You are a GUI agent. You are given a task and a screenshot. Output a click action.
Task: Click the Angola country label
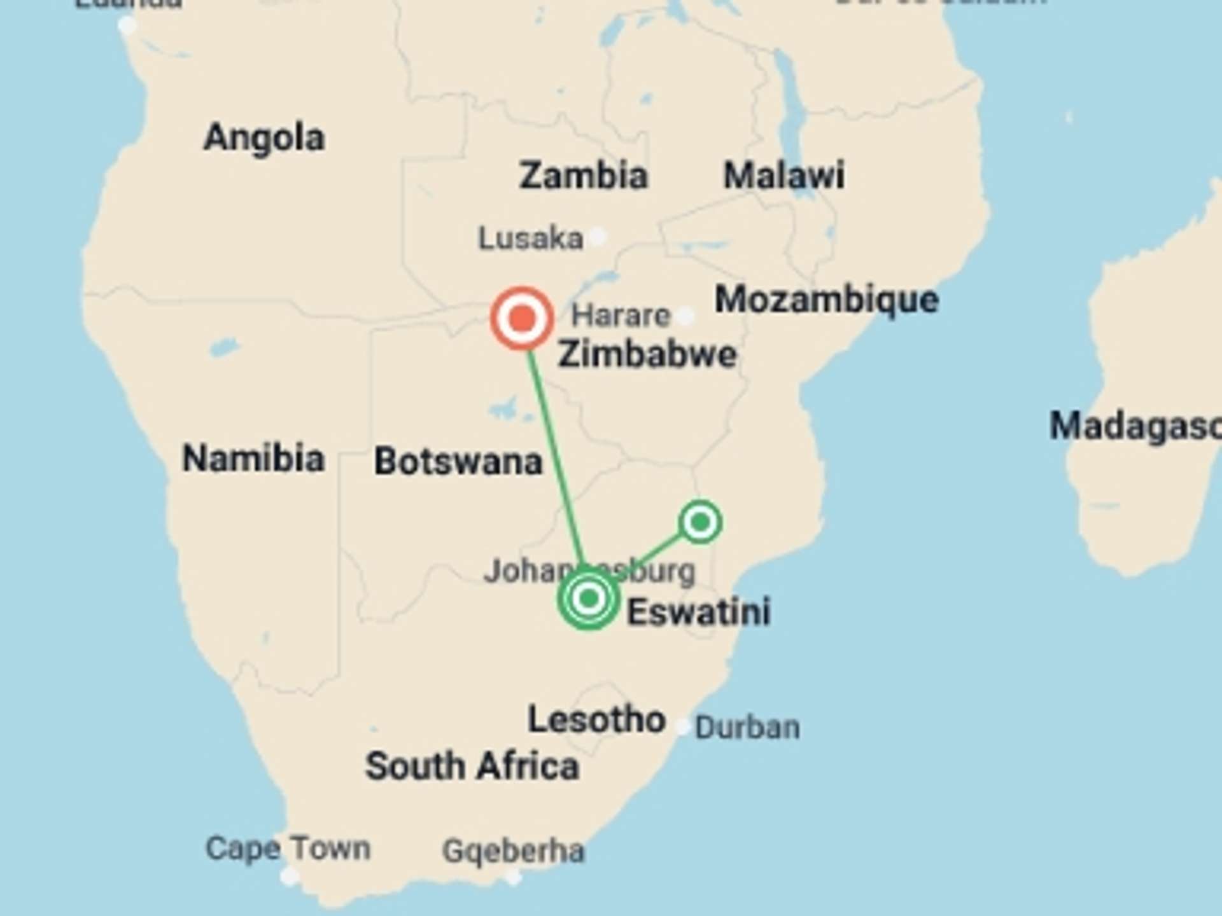pos(264,138)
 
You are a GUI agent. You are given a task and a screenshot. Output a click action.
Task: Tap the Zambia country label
pos(583,176)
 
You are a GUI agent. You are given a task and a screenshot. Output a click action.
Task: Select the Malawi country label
pos(784,175)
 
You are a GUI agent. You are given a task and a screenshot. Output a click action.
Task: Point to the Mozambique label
pos(826,300)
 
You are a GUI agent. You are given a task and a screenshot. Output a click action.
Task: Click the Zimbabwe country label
pos(647,354)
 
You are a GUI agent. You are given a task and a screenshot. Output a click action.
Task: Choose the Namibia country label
pos(253,459)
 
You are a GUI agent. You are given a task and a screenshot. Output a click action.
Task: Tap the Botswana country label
pos(458,462)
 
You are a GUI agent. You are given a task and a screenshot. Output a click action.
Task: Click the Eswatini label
pos(699,612)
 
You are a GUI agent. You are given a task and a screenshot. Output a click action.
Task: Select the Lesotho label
pos(596,720)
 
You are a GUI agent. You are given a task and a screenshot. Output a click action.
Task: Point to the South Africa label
pos(472,766)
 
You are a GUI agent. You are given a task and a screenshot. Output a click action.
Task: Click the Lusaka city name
pos(530,239)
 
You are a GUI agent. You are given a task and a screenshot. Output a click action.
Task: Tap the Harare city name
pos(621,316)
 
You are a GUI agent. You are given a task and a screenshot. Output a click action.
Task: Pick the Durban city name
pos(747,728)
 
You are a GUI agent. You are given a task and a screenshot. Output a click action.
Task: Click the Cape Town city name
pos(288,849)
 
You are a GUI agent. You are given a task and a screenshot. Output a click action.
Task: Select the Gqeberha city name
pos(513,851)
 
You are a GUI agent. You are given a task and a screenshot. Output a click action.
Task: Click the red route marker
pos(522,318)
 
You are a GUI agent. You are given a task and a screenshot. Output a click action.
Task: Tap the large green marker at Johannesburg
pos(589,598)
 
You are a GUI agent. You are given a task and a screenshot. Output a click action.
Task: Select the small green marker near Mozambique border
pos(700,522)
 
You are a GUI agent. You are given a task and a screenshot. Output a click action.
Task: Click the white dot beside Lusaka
pos(597,237)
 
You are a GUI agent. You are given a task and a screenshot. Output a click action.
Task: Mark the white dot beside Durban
pos(683,726)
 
